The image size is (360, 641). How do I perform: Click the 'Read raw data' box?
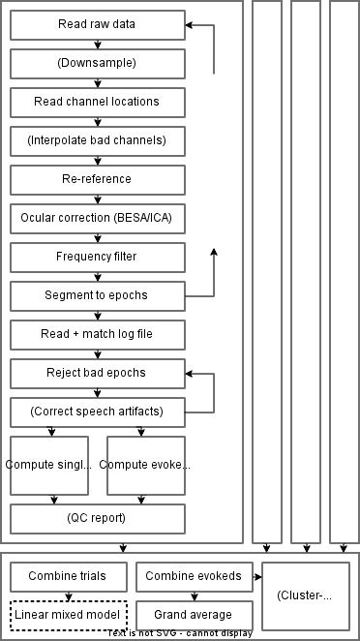click(98, 25)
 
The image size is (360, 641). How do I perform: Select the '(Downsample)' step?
click(98, 64)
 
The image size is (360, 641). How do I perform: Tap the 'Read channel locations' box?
click(98, 103)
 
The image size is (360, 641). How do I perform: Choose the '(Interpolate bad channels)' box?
click(98, 141)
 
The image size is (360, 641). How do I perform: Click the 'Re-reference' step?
click(98, 180)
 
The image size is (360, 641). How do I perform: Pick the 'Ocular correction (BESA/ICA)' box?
click(98, 219)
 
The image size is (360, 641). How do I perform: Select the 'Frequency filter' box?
click(98, 258)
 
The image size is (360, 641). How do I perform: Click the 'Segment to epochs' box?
click(98, 296)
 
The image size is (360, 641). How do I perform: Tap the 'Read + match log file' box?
click(98, 335)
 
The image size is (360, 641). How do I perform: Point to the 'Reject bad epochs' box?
click(98, 374)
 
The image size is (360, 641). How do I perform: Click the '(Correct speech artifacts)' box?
click(98, 412)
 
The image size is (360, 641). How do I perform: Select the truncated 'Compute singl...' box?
click(49, 465)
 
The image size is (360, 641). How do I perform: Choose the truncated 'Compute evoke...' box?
click(146, 465)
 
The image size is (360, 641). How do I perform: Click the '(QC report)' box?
click(98, 518)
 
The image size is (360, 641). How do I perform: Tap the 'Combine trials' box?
click(69, 577)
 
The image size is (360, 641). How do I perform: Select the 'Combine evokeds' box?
click(195, 577)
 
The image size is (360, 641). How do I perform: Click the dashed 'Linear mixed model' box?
click(69, 615)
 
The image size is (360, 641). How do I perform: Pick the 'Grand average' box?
click(195, 615)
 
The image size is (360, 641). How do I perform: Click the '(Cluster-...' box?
click(306, 595)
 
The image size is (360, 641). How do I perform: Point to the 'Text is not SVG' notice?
click(180, 634)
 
